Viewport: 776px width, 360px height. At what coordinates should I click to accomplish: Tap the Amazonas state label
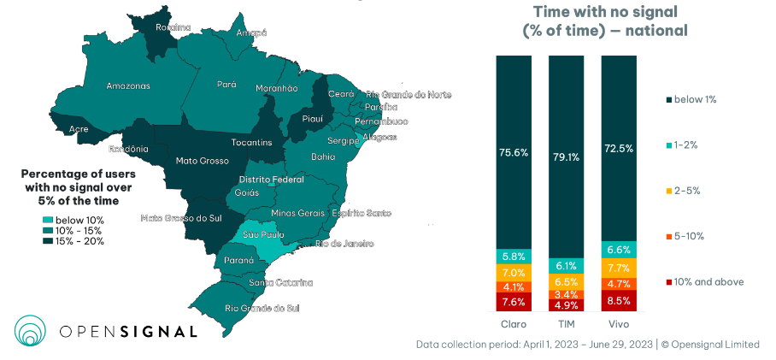tap(128, 86)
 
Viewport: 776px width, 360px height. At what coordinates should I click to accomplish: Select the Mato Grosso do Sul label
tap(181, 219)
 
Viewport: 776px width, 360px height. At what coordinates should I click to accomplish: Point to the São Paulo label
tap(263, 233)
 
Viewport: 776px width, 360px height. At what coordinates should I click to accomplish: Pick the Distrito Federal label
tap(271, 180)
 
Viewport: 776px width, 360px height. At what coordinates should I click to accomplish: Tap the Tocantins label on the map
tap(251, 142)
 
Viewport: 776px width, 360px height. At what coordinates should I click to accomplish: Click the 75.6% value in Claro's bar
tap(514, 152)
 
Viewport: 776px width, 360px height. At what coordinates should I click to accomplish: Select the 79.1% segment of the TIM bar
tap(566, 156)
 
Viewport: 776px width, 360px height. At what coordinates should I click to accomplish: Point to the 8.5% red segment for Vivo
tap(618, 301)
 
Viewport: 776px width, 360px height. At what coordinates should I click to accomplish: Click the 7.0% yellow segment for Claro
tap(514, 273)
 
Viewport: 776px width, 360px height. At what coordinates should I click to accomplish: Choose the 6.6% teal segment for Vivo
tap(618, 250)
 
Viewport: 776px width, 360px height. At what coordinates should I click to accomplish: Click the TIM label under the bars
tap(566, 325)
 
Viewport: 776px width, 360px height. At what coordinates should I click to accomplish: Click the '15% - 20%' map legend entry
tap(77, 241)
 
